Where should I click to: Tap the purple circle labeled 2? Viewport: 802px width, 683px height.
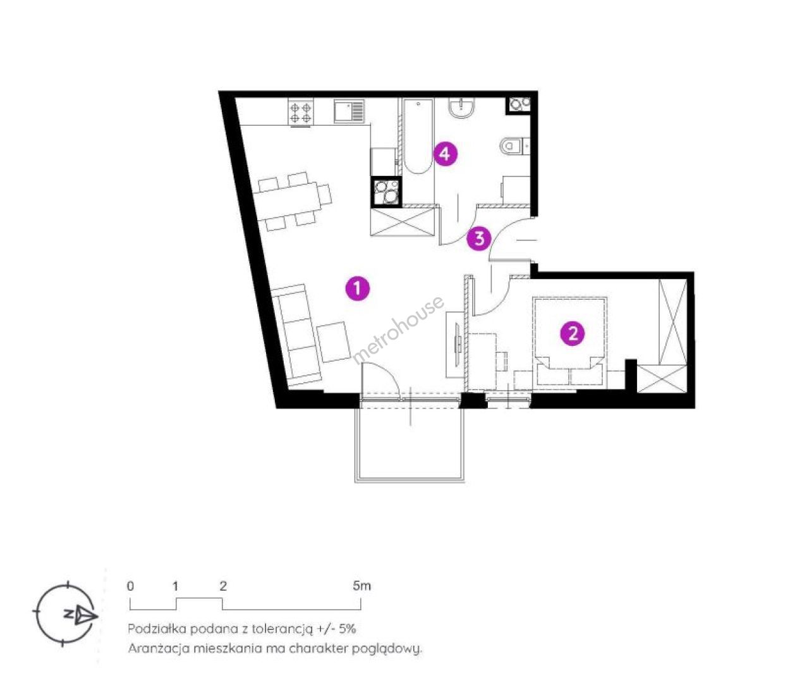click(x=573, y=333)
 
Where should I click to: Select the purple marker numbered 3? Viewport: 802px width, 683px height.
click(x=479, y=238)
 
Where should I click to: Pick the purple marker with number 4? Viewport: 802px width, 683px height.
click(x=446, y=154)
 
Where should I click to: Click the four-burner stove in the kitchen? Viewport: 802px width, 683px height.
click(x=301, y=112)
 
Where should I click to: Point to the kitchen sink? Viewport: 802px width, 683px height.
click(x=349, y=111)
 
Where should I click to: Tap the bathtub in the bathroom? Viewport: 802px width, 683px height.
click(x=418, y=137)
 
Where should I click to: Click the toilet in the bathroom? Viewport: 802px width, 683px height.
click(x=514, y=146)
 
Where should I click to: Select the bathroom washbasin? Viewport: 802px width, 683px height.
click(x=461, y=107)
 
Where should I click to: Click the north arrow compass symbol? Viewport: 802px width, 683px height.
click(x=66, y=614)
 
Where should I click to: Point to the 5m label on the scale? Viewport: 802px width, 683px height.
click(x=362, y=586)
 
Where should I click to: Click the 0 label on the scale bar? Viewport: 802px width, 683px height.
click(x=130, y=586)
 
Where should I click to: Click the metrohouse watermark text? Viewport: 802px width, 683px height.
click(x=398, y=330)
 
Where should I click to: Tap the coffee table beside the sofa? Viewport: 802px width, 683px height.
click(x=333, y=341)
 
